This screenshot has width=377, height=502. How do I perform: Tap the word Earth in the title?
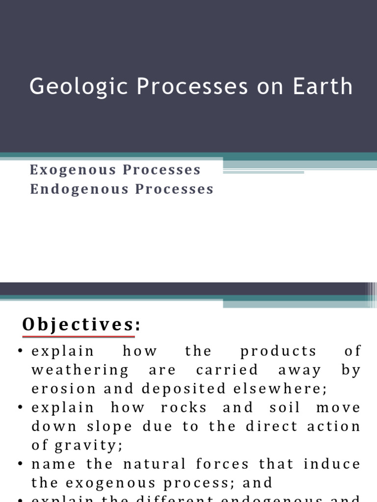tap(322, 86)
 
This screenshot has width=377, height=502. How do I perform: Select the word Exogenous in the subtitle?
tap(73, 170)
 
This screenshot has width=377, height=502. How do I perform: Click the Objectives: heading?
tap(81, 325)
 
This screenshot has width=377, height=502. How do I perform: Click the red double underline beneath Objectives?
tap(79, 337)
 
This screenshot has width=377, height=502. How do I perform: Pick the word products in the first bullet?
tap(279, 351)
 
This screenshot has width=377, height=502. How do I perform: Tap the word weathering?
tap(81, 370)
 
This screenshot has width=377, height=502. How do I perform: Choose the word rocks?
tap(184, 408)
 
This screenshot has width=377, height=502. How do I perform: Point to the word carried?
tap(227, 370)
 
